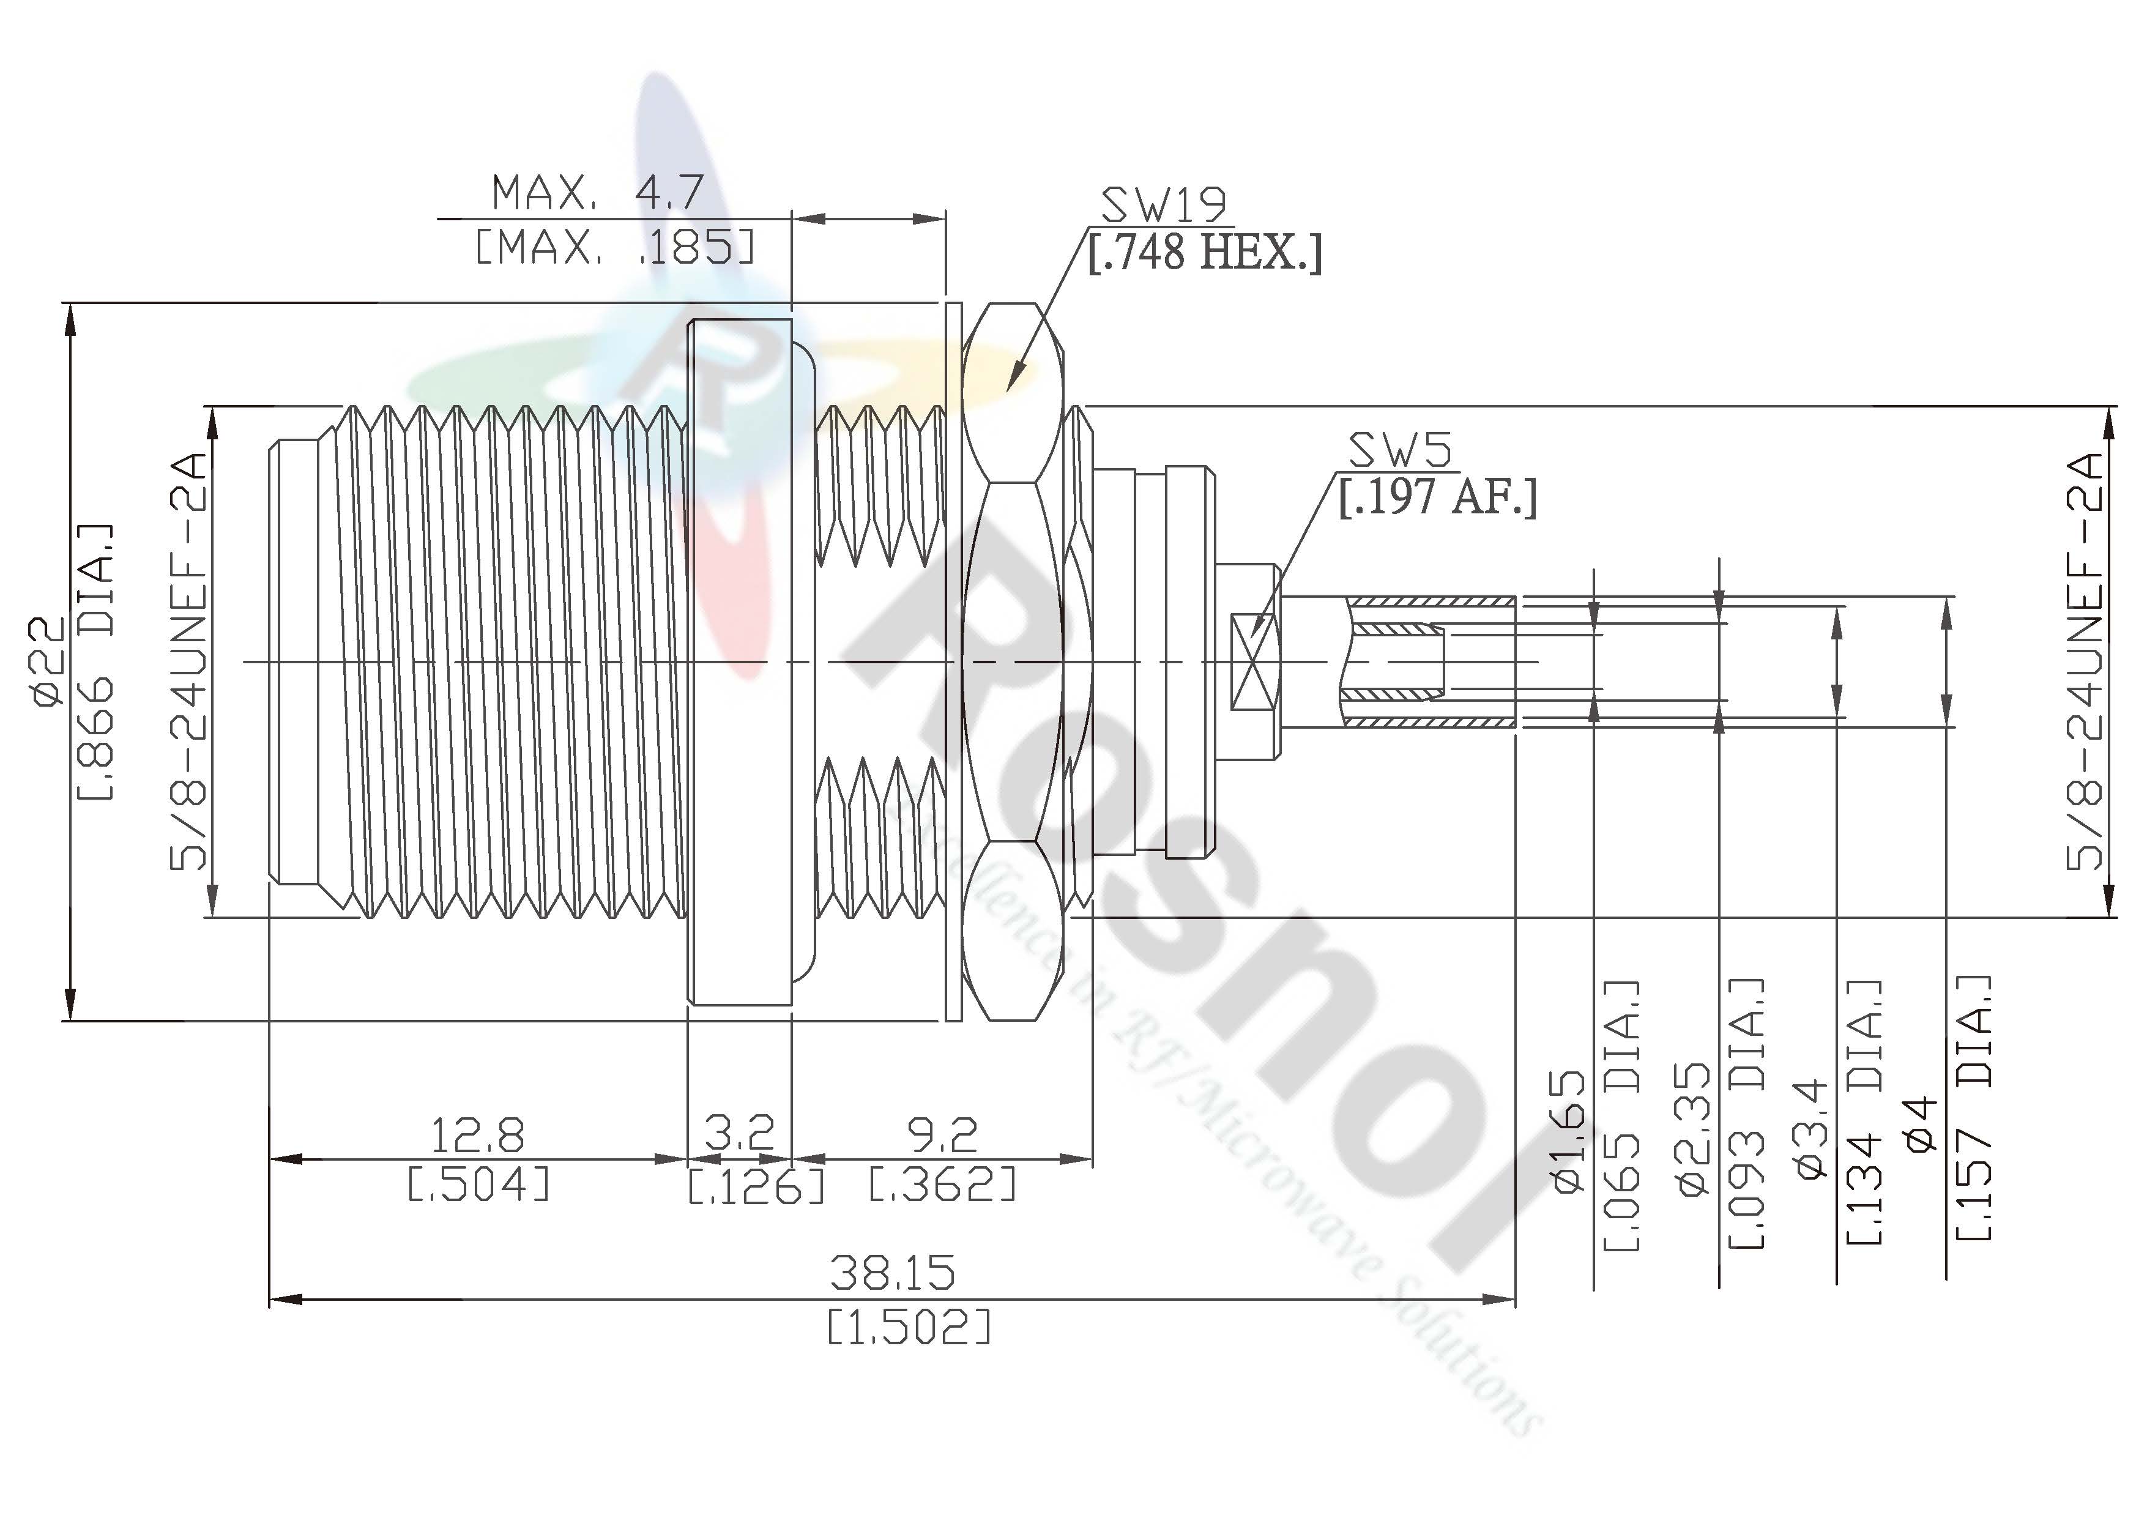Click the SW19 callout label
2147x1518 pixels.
click(x=1163, y=203)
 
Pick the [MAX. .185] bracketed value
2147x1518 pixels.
click(x=614, y=247)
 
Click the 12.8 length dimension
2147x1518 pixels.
click(x=477, y=1134)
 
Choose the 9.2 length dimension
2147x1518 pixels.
click(x=943, y=1134)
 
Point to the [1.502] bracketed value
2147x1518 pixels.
click(x=908, y=1327)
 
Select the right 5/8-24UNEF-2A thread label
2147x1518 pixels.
click(x=2085, y=661)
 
